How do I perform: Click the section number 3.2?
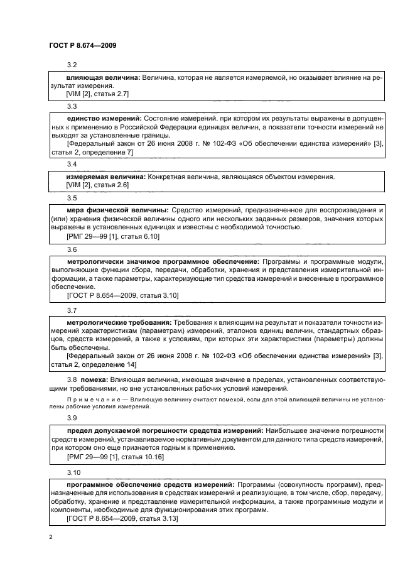(72, 65)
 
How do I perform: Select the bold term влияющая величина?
(103, 78)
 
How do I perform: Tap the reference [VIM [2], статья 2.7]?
(97, 94)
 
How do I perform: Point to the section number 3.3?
(72, 106)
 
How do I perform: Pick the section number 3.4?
(72, 164)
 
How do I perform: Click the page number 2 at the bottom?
(51, 538)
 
